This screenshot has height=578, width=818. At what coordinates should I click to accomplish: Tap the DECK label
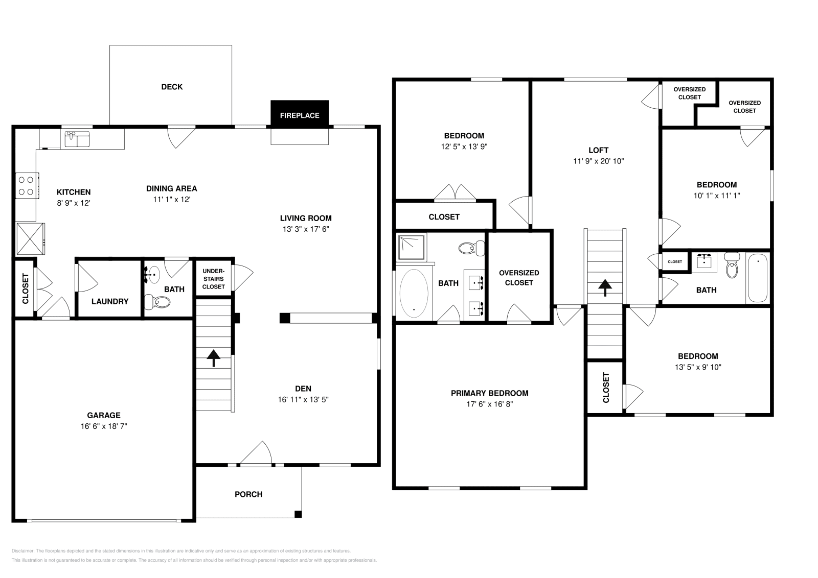pos(172,87)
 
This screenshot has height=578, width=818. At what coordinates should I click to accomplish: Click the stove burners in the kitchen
pos(26,185)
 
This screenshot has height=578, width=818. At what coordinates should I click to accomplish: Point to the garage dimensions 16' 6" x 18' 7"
pos(103,426)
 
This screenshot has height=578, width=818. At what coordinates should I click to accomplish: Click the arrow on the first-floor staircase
pos(213,357)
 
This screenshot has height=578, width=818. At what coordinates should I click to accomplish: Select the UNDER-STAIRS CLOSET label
pos(213,279)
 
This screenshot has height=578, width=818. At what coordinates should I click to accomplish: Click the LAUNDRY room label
pos(110,301)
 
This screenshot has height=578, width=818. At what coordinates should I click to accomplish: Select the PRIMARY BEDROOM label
pos(489,393)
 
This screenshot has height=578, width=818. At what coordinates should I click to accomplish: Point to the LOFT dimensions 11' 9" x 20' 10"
pos(598,161)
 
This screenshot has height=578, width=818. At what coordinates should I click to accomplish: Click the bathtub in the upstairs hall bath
pos(757,279)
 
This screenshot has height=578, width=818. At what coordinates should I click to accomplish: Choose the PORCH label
pos(248,494)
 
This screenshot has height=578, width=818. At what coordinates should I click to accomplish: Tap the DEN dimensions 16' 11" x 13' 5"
pos(303,400)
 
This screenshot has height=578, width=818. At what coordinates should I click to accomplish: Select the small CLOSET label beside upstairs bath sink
pos(675,261)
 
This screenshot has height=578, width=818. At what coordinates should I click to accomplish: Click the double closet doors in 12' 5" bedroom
pos(455,192)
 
